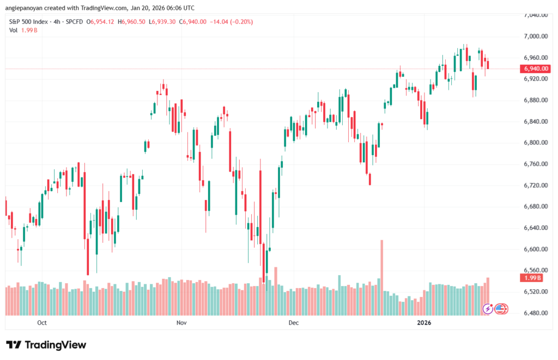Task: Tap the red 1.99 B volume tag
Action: coord(532,278)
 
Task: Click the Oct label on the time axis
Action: coord(42,323)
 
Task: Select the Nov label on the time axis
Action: coord(182,323)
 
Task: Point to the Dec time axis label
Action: coord(294,323)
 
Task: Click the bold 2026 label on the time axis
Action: coord(424,323)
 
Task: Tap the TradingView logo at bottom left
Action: coord(46,345)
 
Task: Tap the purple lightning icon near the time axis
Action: coord(488,309)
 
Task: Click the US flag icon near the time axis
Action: coord(501,309)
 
